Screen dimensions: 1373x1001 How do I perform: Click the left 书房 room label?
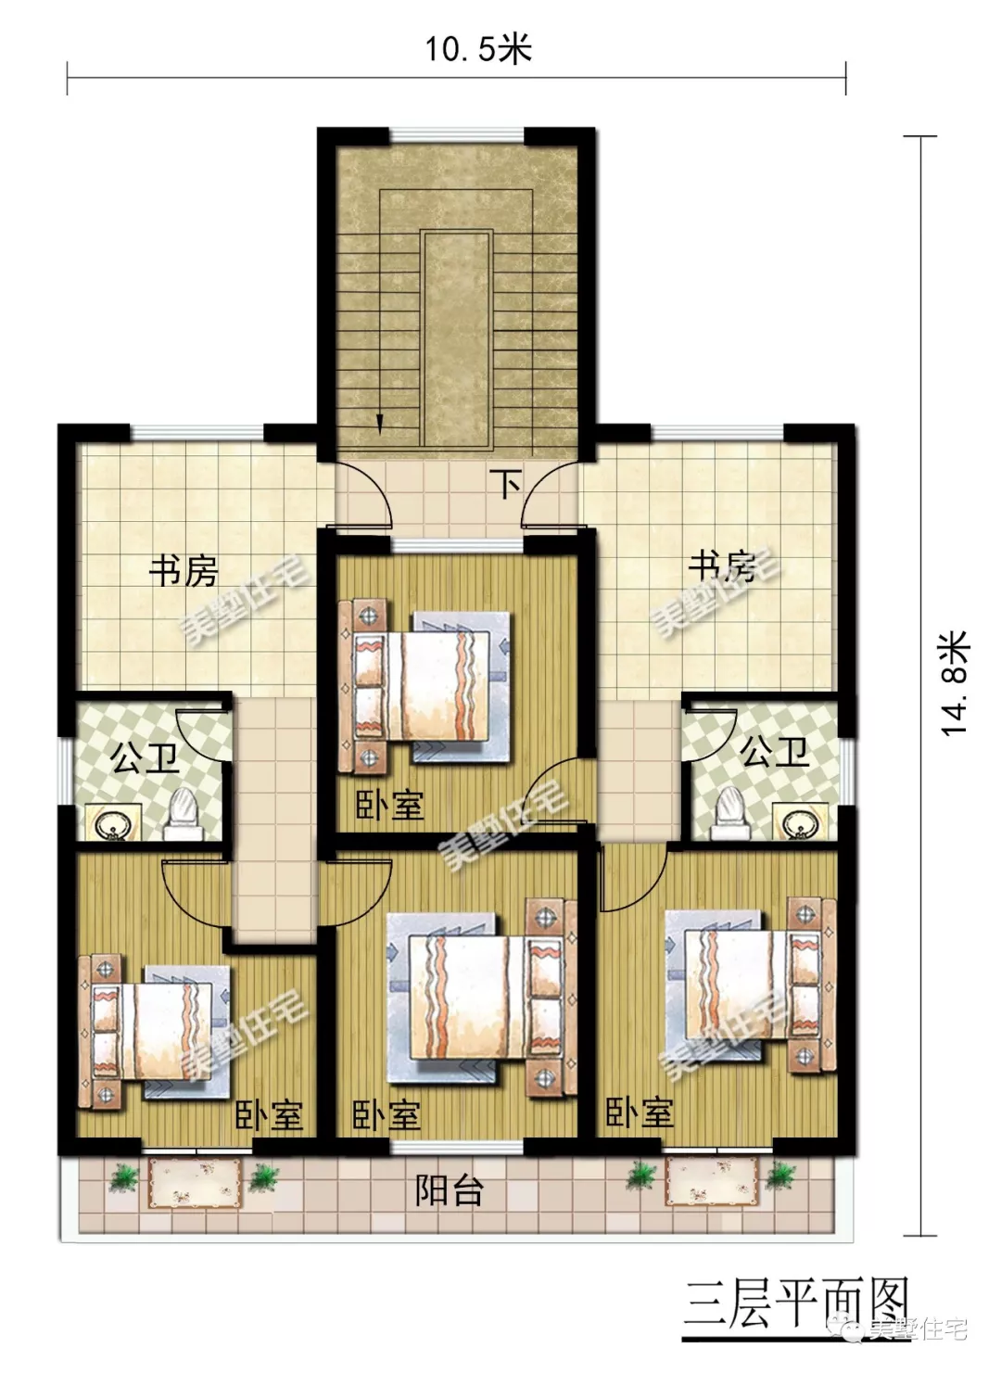[x=184, y=570]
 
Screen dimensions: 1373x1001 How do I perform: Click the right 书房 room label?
[x=721, y=565]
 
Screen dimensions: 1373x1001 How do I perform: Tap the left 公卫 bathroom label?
[x=144, y=759]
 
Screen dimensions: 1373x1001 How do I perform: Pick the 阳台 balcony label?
[x=449, y=1190]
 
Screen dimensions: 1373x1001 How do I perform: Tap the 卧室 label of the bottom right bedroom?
[x=640, y=1112]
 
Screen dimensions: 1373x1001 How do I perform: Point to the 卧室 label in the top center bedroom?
[x=390, y=804]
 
